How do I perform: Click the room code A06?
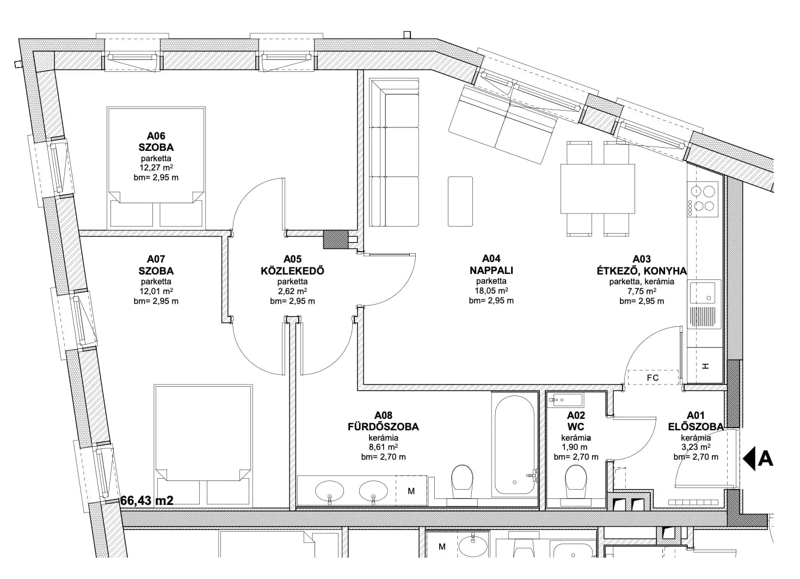pyautogui.click(x=156, y=136)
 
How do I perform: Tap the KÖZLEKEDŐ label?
pyautogui.click(x=292, y=271)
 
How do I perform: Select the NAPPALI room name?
pyautogui.click(x=491, y=270)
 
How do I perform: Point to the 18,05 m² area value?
pyautogui.click(x=491, y=290)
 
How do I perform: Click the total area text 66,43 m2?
pyautogui.click(x=147, y=501)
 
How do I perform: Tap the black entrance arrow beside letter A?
pyautogui.click(x=749, y=458)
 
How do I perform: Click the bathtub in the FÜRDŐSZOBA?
pyautogui.click(x=514, y=444)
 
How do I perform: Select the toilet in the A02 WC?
pyautogui.click(x=576, y=485)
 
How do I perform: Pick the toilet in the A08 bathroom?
pyautogui.click(x=462, y=485)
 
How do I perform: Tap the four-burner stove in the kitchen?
pyautogui.click(x=702, y=199)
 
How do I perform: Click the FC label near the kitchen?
pyautogui.click(x=653, y=378)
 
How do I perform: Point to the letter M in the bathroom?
pyautogui.click(x=411, y=491)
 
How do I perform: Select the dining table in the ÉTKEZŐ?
pyautogui.click(x=598, y=188)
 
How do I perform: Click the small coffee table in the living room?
pyautogui.click(x=460, y=201)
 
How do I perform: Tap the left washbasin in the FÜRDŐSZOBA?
pyautogui.click(x=329, y=491)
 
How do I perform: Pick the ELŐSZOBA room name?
pyautogui.click(x=696, y=426)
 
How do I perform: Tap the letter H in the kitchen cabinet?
pyautogui.click(x=705, y=366)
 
